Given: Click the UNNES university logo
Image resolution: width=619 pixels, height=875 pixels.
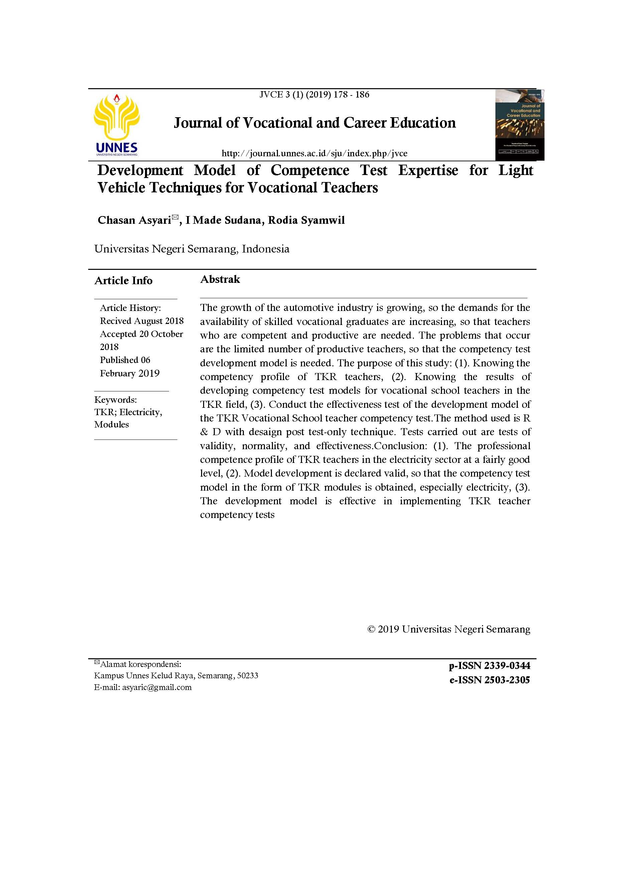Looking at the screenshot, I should coord(117,125).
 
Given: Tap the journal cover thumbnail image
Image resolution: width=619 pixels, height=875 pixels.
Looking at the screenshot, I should coord(519,125).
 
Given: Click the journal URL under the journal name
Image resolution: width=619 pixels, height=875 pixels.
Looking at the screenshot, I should coord(314,154).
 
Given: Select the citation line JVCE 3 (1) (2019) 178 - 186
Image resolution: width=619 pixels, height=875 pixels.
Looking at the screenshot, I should coord(314,95).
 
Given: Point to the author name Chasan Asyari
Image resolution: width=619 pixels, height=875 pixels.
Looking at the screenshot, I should coord(134,220).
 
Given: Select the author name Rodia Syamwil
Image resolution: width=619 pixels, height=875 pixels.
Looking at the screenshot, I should coord(306,220).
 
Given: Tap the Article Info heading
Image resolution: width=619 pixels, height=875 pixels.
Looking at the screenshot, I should coord(123,281).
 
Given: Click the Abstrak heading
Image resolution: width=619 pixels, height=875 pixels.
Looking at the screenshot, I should coord(220,279).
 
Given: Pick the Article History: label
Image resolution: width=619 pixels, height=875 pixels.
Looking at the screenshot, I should coord(130,308).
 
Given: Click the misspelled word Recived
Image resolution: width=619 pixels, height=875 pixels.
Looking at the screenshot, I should coord(113,321).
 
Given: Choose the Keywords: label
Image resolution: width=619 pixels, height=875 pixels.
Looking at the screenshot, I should coord(116,400).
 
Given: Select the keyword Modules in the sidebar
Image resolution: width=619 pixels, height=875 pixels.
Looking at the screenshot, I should coord(111,424).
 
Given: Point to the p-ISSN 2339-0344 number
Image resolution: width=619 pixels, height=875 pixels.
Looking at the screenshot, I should coord(489,666).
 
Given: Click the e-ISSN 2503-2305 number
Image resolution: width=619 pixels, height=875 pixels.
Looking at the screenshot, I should coord(489,680).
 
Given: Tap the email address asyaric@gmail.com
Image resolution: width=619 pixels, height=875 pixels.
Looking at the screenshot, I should coord(157,688).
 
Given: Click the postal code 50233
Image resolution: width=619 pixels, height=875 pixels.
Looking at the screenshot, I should coord(248,676).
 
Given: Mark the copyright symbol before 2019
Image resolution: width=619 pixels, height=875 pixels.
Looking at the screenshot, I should coord(371,629).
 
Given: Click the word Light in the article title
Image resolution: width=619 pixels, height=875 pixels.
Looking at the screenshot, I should coord(516,170).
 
